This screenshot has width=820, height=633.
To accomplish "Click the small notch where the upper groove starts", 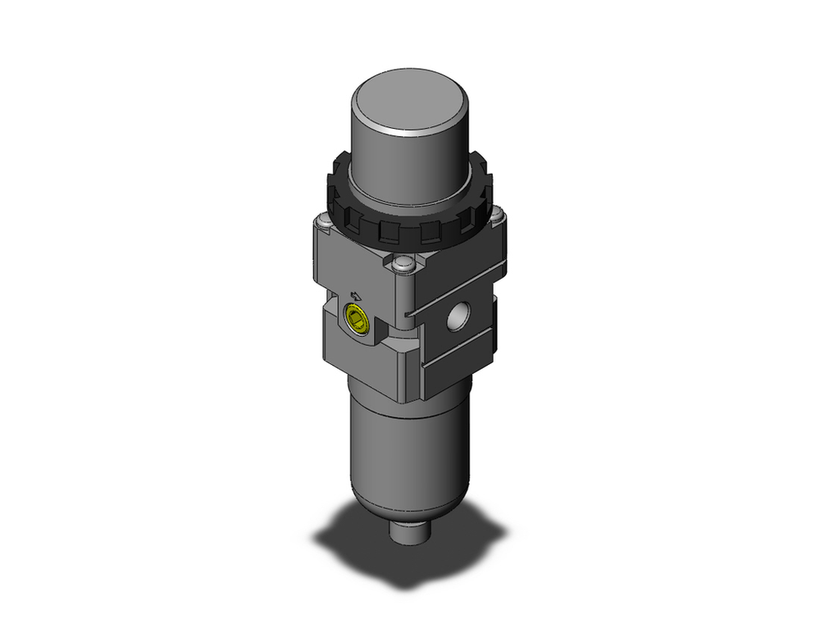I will (407, 313).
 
